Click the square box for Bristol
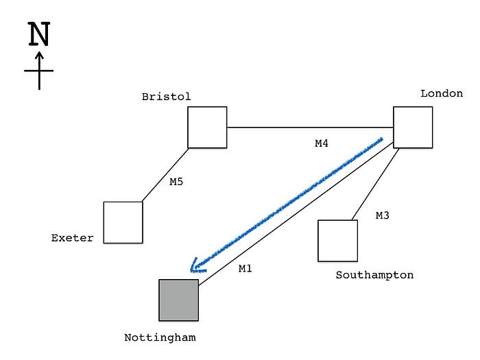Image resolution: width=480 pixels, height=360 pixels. (207, 127)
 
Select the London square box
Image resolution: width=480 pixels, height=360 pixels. (413, 127)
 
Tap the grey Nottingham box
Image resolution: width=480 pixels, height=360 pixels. (178, 300)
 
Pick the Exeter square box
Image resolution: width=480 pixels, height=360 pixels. (123, 222)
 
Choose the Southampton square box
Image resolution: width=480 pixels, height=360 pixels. (337, 241)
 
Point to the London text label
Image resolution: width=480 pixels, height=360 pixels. (442, 93)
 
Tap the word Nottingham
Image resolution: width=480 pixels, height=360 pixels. (160, 337)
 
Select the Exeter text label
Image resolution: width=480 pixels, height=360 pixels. (72, 239)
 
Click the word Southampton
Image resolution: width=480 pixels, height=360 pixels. (374, 275)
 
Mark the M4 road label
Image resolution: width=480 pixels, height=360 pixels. (322, 143)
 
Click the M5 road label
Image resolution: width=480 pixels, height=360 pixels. (177, 182)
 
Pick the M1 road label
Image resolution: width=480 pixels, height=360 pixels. (245, 269)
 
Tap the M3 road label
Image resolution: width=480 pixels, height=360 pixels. (383, 215)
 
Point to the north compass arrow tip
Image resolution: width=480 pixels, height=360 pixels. (39, 53)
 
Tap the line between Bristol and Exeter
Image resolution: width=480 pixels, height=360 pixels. (165, 175)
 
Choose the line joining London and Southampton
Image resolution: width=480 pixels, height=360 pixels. (376, 184)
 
